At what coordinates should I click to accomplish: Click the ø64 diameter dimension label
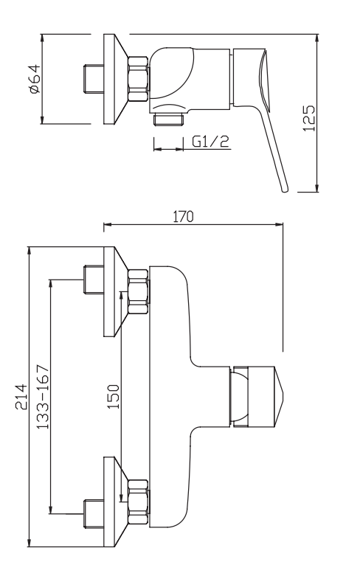coord(35,78)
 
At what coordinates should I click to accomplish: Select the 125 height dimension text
coord(310,118)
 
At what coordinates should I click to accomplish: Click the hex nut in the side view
coord(139,79)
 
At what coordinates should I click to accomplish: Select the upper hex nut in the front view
coord(138,289)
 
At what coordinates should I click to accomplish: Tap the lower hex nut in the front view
coord(138,503)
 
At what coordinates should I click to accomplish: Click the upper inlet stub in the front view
coord(94,280)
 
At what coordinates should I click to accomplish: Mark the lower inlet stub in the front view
coord(94,510)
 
